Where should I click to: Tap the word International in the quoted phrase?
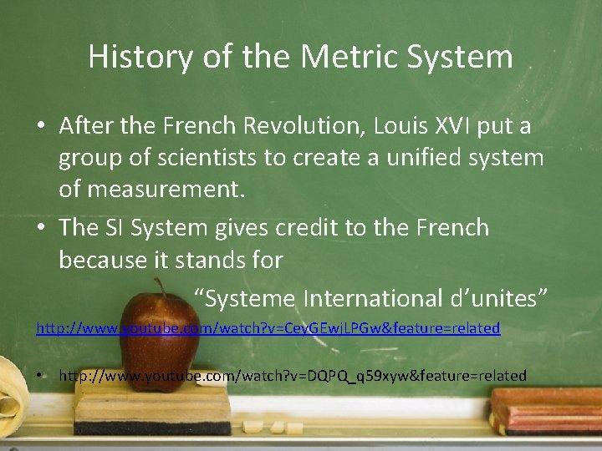379,297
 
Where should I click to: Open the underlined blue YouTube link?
268,328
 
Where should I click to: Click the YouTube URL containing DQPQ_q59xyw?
293,376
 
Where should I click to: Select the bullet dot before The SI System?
41,228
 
